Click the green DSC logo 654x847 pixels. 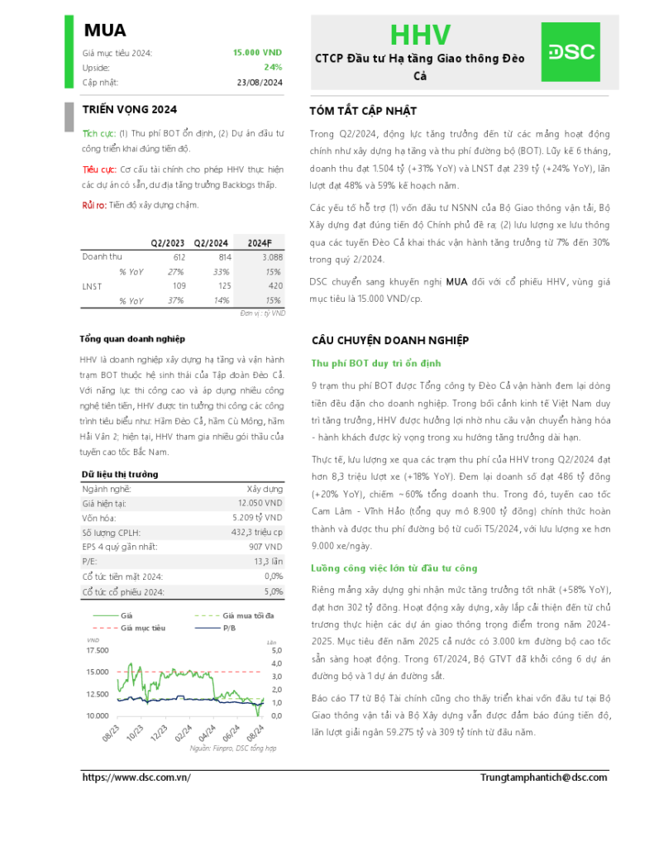[x=570, y=52]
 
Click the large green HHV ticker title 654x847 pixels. [x=420, y=35]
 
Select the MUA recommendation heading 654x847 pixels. [x=105, y=31]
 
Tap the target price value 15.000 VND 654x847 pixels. [x=257, y=52]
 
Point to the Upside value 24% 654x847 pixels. [x=273, y=67]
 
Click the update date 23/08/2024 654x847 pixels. [x=260, y=82]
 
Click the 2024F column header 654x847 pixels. [x=259, y=242]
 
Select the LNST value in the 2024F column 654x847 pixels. [x=272, y=285]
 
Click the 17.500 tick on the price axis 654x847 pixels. [x=97, y=651]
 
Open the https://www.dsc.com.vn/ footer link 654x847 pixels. [x=137, y=778]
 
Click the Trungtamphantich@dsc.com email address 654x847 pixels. [x=543, y=778]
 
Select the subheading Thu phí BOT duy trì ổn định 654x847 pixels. [x=376, y=363]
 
